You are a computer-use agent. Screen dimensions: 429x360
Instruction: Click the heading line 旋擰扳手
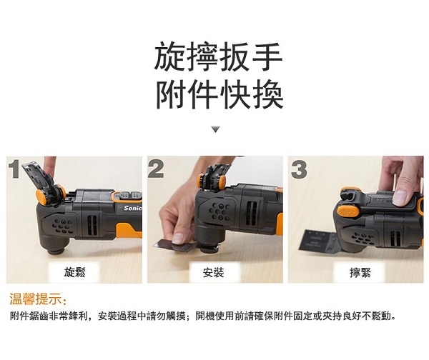click(x=218, y=56)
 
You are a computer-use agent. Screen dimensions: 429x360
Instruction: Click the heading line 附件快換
click(x=220, y=94)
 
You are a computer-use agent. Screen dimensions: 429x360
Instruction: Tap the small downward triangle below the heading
click(x=216, y=129)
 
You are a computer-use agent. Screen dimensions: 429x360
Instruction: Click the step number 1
click(x=14, y=169)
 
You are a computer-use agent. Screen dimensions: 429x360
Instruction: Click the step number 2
click(x=156, y=169)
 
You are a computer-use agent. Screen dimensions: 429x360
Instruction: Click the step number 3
click(x=299, y=169)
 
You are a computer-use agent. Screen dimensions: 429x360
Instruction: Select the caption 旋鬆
click(x=74, y=272)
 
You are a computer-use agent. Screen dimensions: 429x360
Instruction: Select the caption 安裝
click(x=213, y=272)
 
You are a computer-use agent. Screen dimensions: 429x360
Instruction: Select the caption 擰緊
click(x=360, y=273)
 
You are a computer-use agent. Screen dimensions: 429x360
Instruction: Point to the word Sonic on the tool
click(x=133, y=209)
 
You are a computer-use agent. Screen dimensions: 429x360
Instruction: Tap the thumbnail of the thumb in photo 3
click(x=400, y=197)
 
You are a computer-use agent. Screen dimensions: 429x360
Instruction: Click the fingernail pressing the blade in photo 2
click(x=178, y=239)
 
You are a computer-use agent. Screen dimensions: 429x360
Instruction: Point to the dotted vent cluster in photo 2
click(x=220, y=211)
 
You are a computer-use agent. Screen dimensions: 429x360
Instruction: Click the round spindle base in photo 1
click(x=57, y=249)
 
